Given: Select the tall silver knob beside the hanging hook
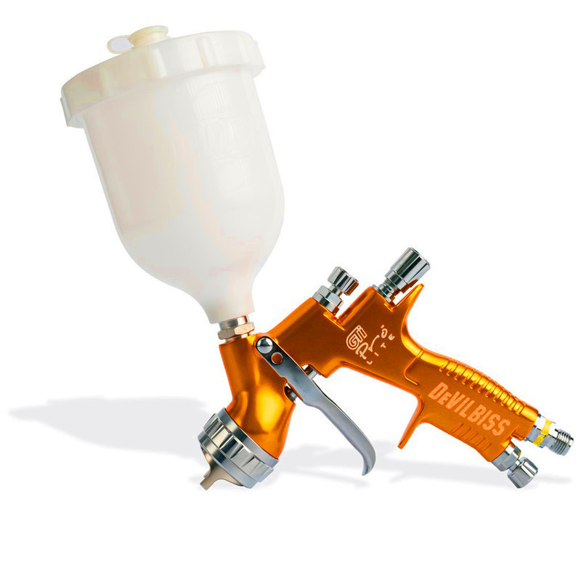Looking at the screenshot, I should click(x=403, y=269).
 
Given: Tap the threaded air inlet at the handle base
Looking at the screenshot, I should click(x=559, y=439).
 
